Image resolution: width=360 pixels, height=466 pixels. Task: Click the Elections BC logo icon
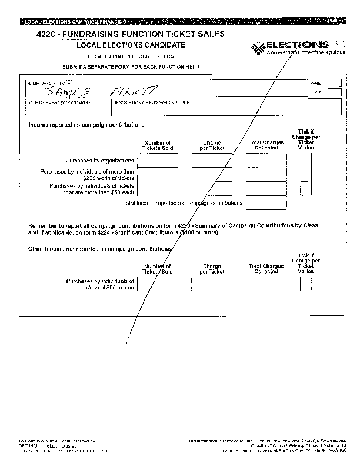(x=258, y=47)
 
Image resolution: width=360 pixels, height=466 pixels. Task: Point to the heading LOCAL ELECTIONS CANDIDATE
(x=131, y=45)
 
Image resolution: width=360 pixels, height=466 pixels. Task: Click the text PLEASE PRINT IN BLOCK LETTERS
(x=131, y=56)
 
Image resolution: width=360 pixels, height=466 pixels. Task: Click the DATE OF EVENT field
(x=66, y=108)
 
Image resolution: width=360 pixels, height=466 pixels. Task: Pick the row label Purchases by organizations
(x=100, y=160)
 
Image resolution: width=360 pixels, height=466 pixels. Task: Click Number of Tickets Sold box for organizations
(x=157, y=160)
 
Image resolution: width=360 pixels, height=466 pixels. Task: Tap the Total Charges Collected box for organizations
(x=262, y=160)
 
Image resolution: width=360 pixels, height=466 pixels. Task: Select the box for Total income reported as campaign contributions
(x=262, y=203)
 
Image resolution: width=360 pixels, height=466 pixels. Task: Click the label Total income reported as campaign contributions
(x=182, y=203)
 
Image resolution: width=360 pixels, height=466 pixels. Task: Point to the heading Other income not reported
(x=99, y=249)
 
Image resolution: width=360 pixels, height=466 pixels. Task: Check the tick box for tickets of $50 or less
(x=306, y=284)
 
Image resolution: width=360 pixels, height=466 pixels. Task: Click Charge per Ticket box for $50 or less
(x=212, y=284)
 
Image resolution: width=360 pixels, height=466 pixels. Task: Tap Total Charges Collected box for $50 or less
(x=265, y=284)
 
